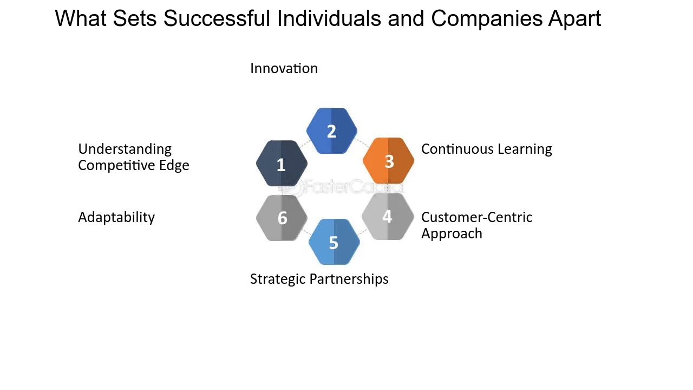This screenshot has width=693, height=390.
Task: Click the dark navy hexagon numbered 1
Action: pos(282,164)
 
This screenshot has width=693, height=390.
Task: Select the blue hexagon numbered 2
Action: pos(332,131)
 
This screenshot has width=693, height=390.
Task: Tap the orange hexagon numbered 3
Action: pos(388,161)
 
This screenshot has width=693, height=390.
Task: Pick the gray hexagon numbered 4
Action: pos(388,217)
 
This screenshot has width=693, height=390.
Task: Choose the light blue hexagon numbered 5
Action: pos(334,242)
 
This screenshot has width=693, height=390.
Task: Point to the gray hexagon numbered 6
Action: pos(282,218)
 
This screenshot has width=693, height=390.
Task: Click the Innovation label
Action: pos(284,68)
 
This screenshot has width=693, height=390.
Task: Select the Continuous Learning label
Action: pos(487,149)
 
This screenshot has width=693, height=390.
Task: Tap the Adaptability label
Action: pos(116,218)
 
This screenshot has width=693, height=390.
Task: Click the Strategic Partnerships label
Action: pos(319,279)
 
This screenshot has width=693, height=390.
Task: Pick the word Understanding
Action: pos(125,149)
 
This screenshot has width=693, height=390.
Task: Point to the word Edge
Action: pos(174,165)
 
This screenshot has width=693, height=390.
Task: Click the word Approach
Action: pos(452,233)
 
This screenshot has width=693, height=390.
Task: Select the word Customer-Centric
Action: pos(477,217)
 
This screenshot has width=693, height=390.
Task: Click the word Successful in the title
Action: pos(217,18)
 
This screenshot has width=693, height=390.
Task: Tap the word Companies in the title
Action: pos(487,19)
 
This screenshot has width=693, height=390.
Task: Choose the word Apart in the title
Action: pos(574,19)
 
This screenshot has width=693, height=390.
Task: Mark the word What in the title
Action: pos(81,18)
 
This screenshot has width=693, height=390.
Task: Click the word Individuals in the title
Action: pos(329,18)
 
